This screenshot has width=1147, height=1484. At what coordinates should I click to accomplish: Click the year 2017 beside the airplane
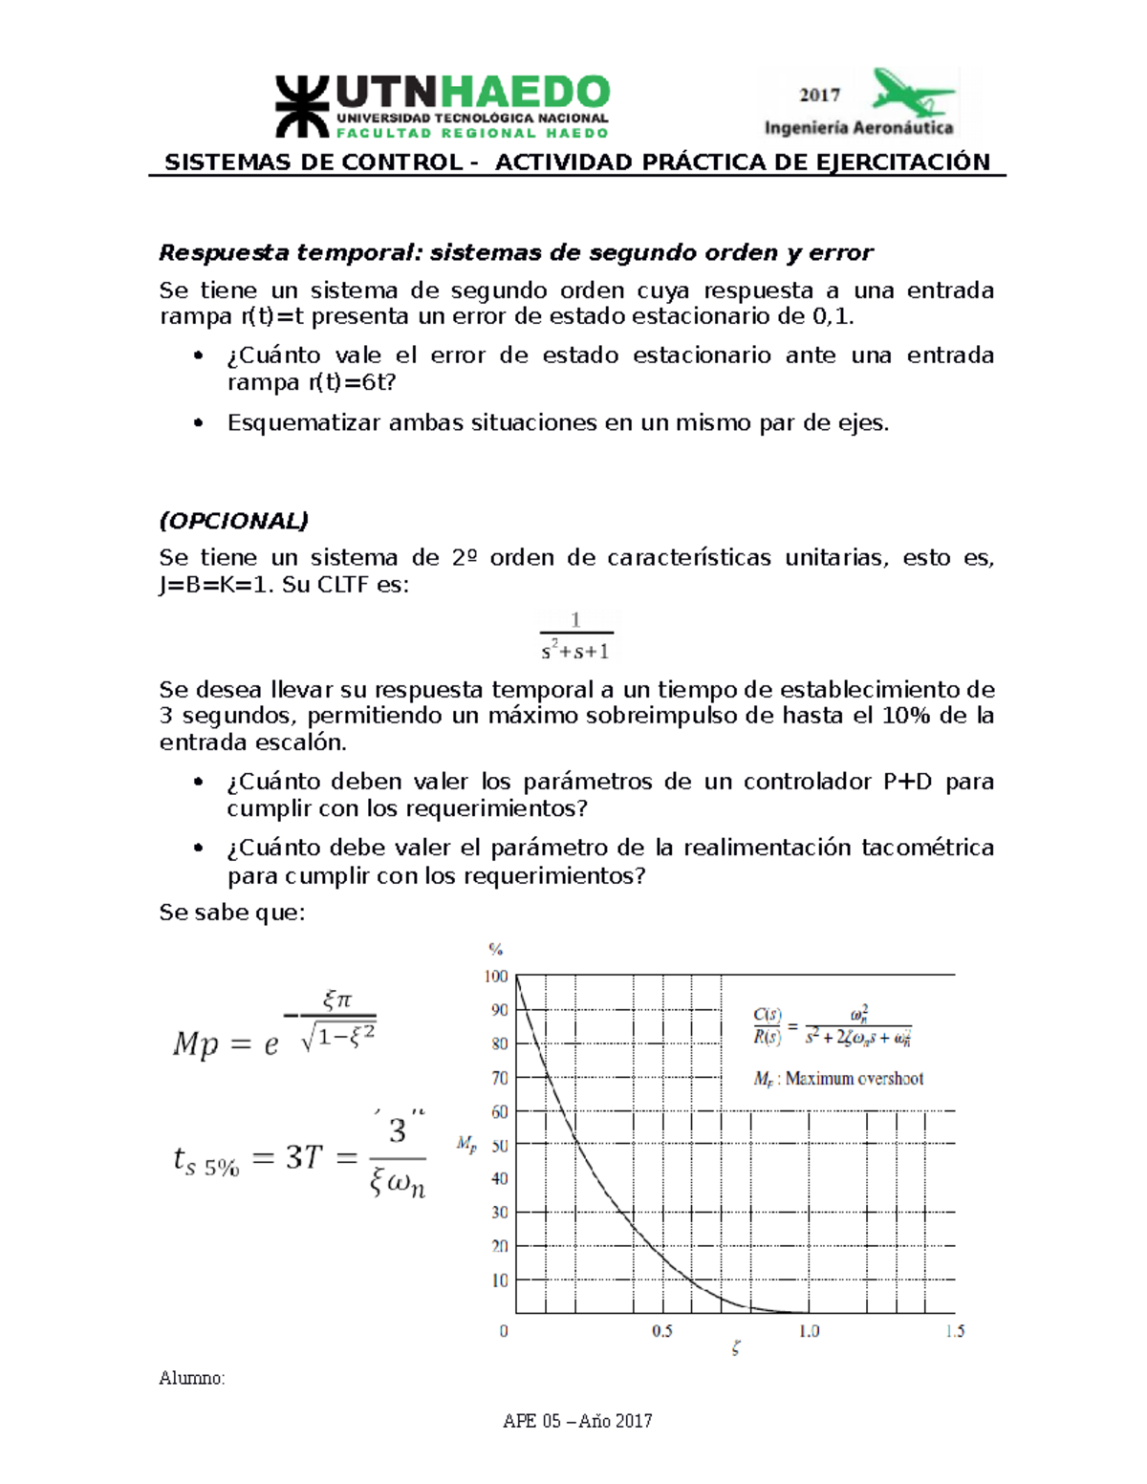819,95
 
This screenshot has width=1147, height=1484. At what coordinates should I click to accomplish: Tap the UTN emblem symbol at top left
302,106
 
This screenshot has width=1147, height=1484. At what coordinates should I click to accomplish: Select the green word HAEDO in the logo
525,94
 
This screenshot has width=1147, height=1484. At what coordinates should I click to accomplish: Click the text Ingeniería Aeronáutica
858,127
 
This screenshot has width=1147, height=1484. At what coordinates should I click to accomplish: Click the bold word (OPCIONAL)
234,521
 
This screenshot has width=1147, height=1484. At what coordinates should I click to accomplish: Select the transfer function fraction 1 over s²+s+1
575,637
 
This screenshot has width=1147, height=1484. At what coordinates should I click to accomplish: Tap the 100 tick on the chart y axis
495,977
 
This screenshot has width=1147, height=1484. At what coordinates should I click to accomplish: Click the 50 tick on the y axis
499,1145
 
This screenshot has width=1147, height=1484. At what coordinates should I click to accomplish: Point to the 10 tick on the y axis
499,1280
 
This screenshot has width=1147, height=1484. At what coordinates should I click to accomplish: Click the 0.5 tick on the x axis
662,1331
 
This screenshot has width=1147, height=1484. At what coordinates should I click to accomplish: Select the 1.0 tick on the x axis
809,1331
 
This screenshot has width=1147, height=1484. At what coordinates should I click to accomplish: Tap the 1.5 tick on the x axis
955,1331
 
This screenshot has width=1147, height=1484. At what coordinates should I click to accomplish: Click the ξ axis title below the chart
735,1348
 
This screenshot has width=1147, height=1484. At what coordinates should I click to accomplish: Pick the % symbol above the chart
495,949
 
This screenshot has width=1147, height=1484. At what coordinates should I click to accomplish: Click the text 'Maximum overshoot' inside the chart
854,1079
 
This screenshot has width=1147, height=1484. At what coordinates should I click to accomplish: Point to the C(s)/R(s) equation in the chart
832,1026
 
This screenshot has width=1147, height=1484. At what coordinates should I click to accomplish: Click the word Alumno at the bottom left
191,1378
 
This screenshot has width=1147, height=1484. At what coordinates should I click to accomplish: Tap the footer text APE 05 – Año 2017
577,1421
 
